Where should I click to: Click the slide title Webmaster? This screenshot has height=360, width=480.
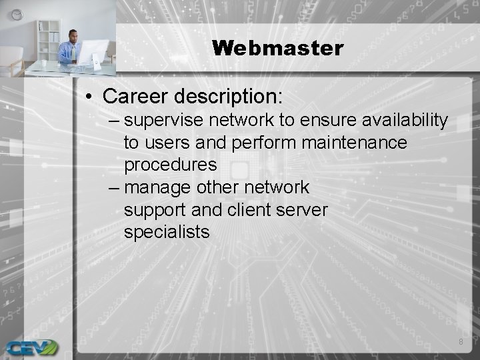(x=277, y=48)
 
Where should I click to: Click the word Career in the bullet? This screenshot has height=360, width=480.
(x=136, y=96)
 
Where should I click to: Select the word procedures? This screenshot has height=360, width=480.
(x=171, y=165)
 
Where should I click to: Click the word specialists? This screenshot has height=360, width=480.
(x=167, y=232)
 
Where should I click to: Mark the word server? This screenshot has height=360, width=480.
(x=303, y=210)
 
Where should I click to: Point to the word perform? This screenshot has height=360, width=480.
(x=263, y=143)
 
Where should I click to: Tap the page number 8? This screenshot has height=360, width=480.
(x=460, y=342)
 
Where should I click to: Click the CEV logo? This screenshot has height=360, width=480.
(x=31, y=347)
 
